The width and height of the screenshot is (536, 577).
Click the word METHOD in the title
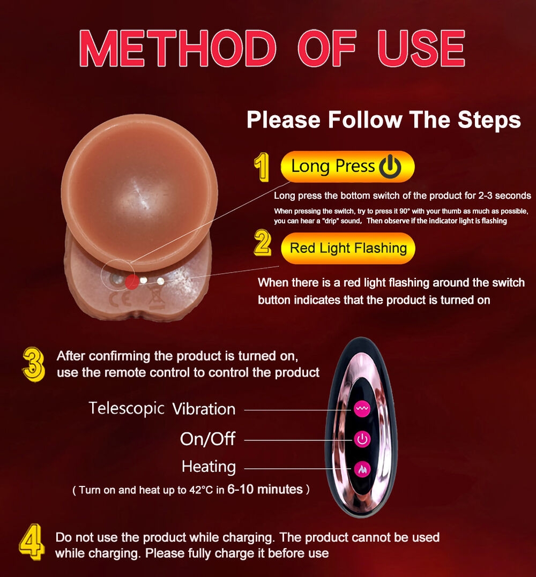point(178,48)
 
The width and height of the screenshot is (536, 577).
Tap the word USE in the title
point(421,48)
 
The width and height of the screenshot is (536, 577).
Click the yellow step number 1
point(262,167)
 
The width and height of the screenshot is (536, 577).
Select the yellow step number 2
point(263,243)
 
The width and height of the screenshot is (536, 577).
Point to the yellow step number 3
point(33,364)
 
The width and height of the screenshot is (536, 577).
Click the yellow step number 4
point(32,542)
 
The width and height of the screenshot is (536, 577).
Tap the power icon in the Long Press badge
point(390,167)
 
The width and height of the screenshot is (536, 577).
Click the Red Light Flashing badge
point(348,249)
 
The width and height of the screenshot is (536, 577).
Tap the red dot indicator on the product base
point(132,282)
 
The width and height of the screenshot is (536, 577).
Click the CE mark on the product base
point(120,299)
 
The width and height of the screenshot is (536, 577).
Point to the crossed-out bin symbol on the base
point(156,297)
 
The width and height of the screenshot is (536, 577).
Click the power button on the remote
point(362,439)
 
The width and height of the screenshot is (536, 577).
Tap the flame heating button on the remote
point(362,469)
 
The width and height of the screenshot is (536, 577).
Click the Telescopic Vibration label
point(162,409)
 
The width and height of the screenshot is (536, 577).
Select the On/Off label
point(207,439)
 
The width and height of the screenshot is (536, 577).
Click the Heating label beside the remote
point(209,467)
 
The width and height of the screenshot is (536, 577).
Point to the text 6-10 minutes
point(265,489)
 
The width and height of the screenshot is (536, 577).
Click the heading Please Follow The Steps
point(384,119)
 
